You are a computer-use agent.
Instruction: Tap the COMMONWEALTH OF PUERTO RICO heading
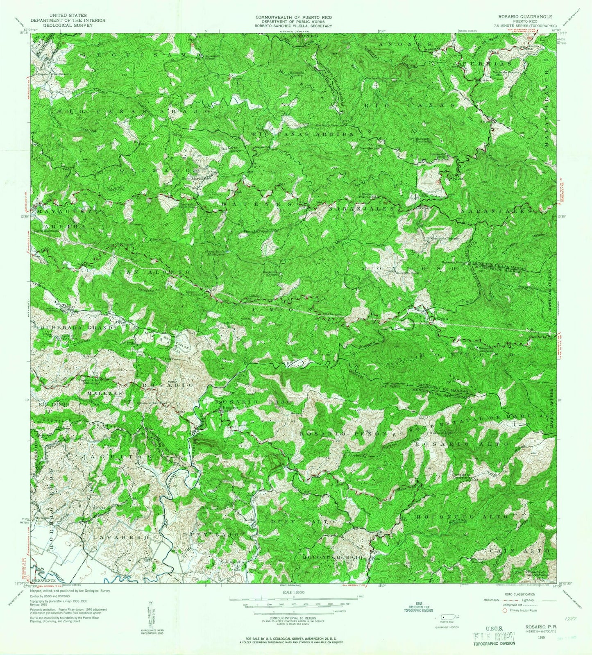coord(294,17)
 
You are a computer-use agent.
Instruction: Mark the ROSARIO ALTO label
coord(462,444)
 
